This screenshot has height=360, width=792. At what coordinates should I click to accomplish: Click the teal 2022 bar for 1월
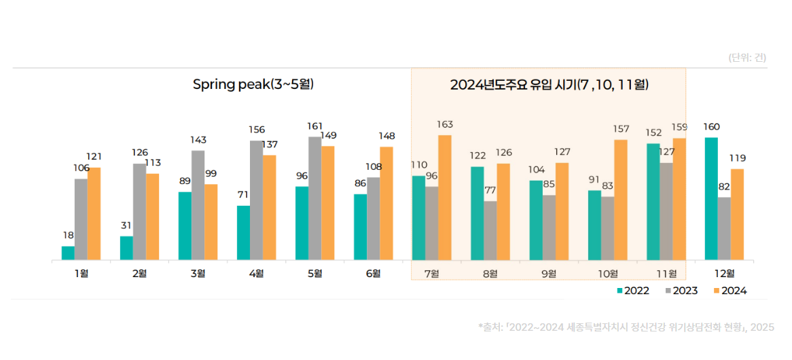click(68, 253)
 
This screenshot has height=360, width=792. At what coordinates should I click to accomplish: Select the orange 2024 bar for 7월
click(445, 197)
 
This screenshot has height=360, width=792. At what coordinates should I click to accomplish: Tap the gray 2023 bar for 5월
click(314, 198)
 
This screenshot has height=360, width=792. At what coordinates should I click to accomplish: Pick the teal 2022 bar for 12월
click(711, 198)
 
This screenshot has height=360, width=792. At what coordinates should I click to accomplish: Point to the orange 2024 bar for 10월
click(621, 200)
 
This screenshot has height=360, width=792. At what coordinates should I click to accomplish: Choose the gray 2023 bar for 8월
click(490, 230)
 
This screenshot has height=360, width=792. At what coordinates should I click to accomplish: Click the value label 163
click(445, 124)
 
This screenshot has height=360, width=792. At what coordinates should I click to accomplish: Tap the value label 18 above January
click(68, 235)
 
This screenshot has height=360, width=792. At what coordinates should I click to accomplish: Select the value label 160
click(711, 126)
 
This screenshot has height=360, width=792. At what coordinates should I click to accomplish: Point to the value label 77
click(490, 190)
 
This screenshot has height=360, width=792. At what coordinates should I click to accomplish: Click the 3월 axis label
click(198, 274)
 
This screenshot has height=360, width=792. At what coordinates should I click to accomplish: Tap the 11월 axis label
click(666, 274)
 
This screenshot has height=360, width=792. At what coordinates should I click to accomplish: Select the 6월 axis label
click(373, 274)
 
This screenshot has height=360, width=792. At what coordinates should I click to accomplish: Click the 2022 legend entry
click(633, 291)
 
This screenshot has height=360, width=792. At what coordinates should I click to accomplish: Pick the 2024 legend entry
click(730, 291)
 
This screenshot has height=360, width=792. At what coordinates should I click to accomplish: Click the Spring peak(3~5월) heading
click(253, 85)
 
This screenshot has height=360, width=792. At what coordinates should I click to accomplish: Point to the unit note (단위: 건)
click(747, 58)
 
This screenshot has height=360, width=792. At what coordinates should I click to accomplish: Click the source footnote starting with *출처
click(626, 327)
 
